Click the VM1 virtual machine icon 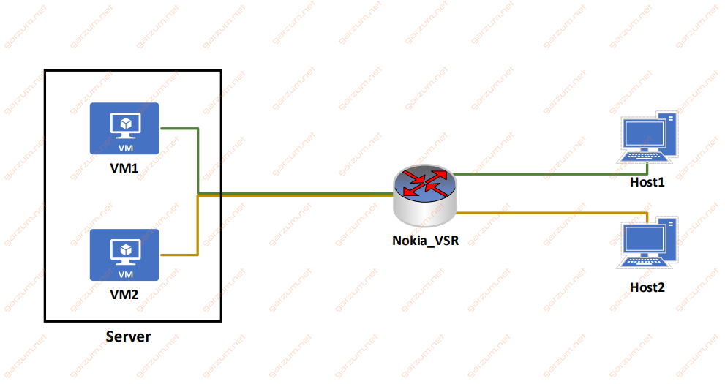124,129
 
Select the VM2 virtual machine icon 124,255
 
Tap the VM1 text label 124,168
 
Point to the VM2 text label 124,294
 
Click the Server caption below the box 128,336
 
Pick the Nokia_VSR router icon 425,195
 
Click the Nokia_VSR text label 425,241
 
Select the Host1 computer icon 647,138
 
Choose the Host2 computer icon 647,243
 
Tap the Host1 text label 647,182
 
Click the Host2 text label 647,287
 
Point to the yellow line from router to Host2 550,213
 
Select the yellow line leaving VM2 198,227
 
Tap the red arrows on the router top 425,183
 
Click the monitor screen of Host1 643,134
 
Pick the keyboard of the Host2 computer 644,262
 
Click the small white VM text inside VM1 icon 126,148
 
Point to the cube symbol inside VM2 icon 126,250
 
